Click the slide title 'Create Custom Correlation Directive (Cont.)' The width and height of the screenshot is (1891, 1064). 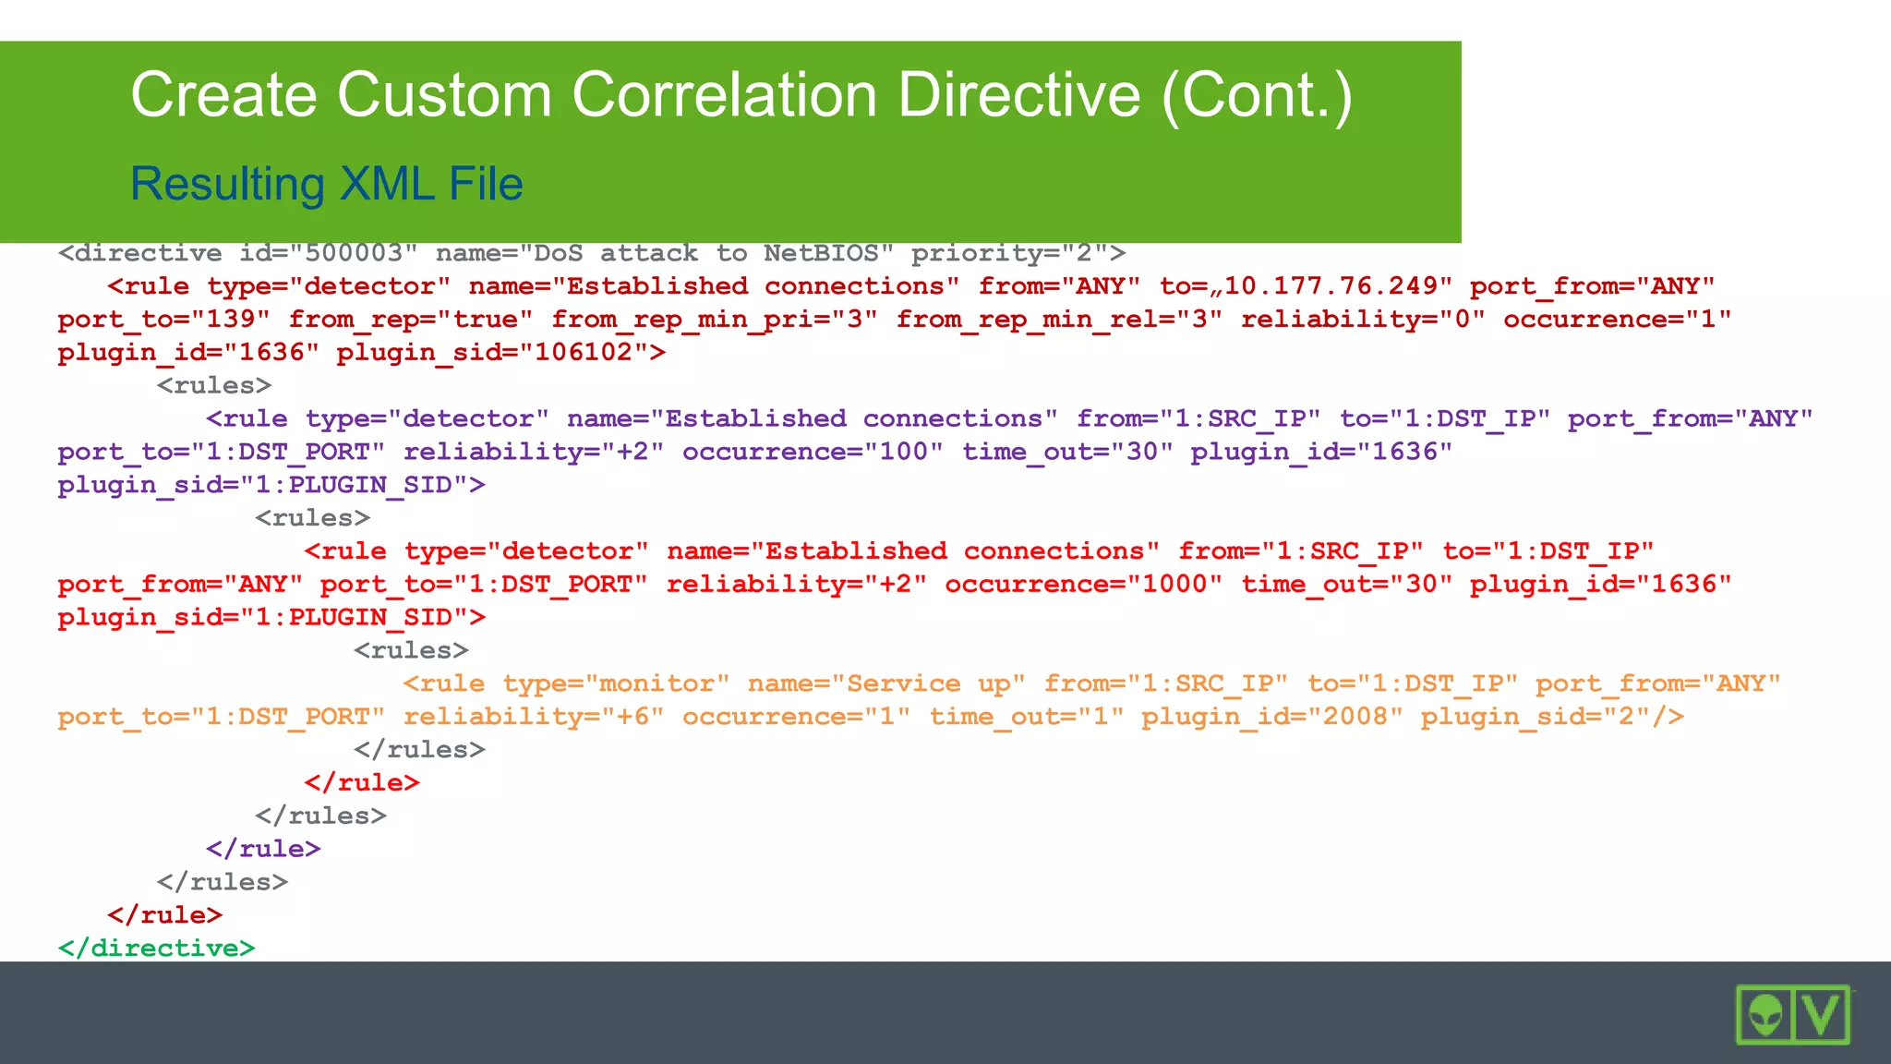click(741, 95)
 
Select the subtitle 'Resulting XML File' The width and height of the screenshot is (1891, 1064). click(327, 184)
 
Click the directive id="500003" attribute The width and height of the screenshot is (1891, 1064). click(328, 253)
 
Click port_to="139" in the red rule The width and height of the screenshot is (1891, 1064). click(163, 320)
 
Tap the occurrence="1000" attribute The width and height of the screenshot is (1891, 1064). click(1083, 584)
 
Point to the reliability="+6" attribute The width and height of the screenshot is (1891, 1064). click(533, 717)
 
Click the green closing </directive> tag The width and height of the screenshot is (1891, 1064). click(156, 948)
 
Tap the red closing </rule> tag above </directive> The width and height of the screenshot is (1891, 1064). click(164, 914)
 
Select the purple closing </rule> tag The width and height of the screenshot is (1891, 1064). click(263, 849)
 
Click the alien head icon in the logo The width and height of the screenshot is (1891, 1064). click(1765, 1015)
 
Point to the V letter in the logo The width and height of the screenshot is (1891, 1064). click(1822, 1015)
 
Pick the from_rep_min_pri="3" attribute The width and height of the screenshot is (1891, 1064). click(714, 320)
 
